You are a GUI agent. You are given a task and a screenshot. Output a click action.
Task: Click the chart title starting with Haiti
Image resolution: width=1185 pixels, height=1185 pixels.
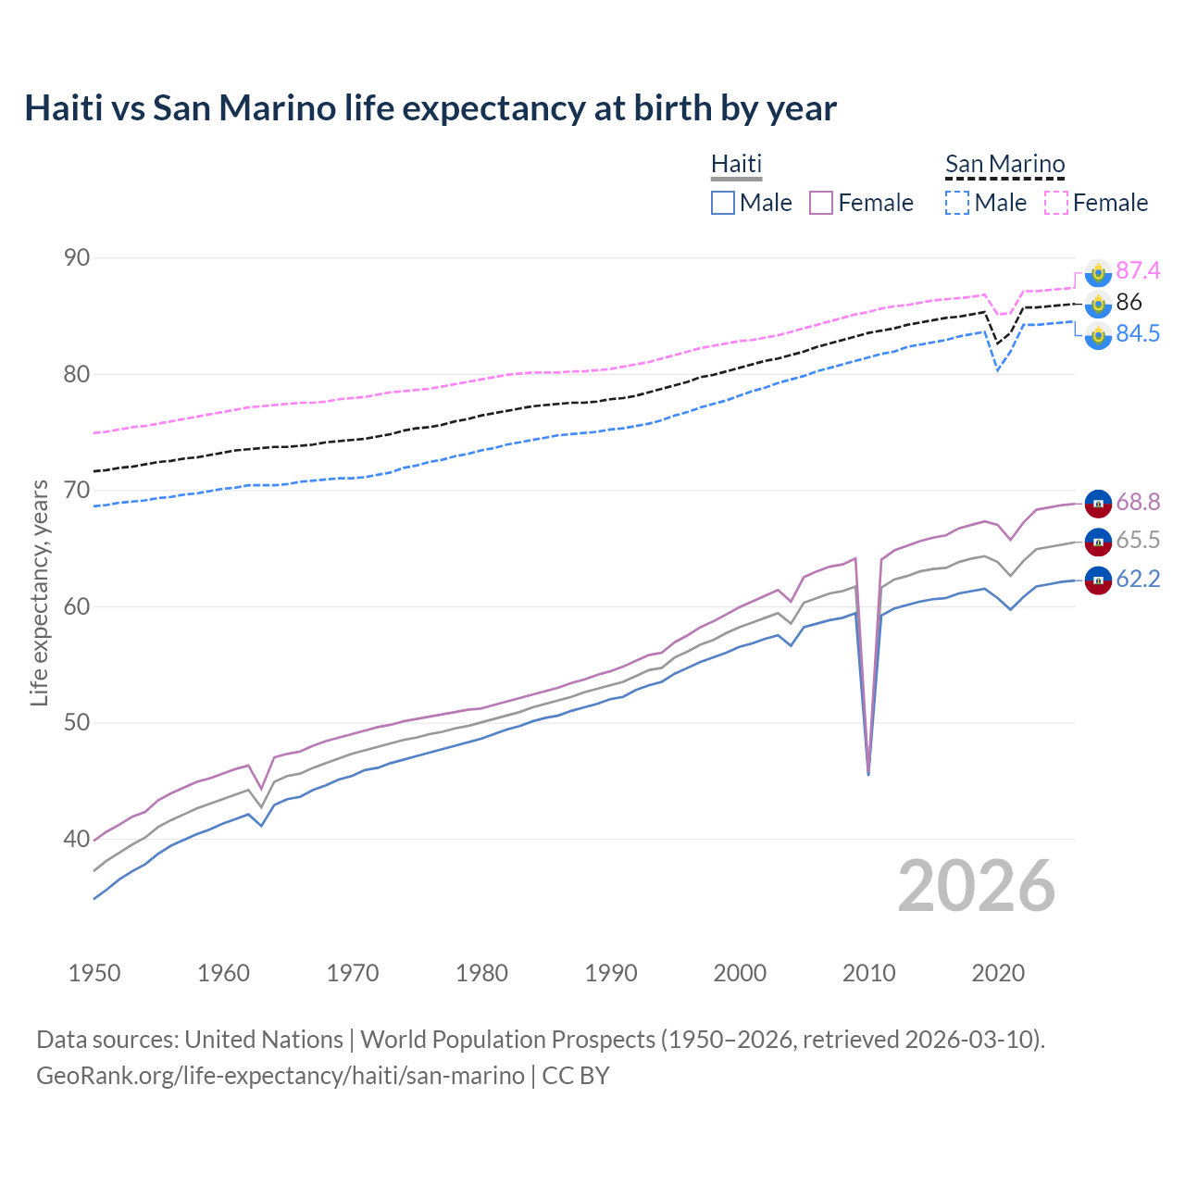(430, 108)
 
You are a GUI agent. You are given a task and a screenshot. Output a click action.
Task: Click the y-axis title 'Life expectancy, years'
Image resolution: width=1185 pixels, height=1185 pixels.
(39, 592)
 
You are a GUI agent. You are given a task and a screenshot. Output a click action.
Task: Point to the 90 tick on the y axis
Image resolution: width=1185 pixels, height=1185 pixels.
(77, 258)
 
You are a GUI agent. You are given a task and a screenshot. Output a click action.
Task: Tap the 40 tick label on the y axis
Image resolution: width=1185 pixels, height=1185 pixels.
(77, 839)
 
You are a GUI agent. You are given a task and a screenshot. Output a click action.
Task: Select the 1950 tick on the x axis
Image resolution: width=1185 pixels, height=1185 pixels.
(94, 973)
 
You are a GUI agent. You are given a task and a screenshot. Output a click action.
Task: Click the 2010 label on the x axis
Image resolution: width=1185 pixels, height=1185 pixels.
(868, 973)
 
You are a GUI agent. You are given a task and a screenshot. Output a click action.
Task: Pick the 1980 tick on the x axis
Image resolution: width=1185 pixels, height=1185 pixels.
(481, 973)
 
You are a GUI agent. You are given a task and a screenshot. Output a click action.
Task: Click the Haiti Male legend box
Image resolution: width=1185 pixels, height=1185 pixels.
(723, 203)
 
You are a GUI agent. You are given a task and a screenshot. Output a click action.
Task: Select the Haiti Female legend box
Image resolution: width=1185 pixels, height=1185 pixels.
(821, 203)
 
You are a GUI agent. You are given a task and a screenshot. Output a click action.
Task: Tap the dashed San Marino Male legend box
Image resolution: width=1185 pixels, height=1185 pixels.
(957, 203)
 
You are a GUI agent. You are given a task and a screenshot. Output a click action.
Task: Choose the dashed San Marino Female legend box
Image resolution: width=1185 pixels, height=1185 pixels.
(1056, 203)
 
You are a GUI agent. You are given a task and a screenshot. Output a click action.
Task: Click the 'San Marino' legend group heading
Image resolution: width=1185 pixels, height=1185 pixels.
(1004, 165)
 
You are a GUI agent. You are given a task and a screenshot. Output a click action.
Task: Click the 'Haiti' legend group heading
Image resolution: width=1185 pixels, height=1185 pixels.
(736, 165)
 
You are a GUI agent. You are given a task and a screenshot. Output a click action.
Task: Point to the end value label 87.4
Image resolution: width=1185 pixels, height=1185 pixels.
(1137, 270)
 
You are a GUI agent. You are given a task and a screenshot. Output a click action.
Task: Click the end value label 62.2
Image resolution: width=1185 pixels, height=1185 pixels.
(1137, 580)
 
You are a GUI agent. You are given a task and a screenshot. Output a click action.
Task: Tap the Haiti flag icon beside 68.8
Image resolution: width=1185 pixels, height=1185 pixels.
(1098, 503)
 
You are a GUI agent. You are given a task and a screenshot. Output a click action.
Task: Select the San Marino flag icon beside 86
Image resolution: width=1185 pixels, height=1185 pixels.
(1098, 303)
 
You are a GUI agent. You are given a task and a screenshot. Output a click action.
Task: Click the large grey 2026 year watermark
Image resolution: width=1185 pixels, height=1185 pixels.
(976, 886)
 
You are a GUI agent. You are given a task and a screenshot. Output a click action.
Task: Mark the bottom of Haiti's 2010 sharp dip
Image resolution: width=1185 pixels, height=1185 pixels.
(868, 774)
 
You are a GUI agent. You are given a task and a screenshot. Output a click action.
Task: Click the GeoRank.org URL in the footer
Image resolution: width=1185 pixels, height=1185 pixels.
(280, 1076)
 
